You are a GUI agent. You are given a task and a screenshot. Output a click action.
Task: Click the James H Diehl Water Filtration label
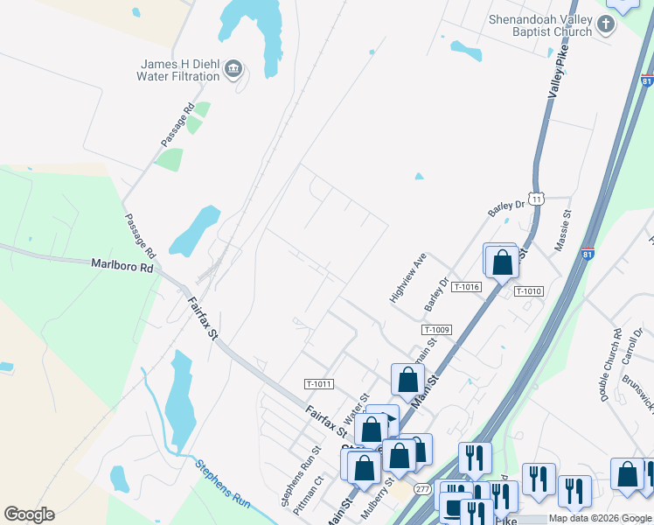(180, 70)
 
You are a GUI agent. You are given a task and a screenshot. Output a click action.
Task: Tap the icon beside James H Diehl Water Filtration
(233, 69)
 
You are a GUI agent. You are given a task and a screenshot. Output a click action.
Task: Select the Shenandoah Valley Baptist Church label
(541, 25)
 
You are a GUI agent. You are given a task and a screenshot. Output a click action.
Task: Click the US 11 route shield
(536, 199)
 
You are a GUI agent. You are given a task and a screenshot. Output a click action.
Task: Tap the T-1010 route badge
(529, 291)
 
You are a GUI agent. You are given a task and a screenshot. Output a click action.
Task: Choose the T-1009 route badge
(436, 330)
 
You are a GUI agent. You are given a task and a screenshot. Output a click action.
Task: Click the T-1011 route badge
(318, 384)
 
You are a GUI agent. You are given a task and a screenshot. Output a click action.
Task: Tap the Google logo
(30, 514)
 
